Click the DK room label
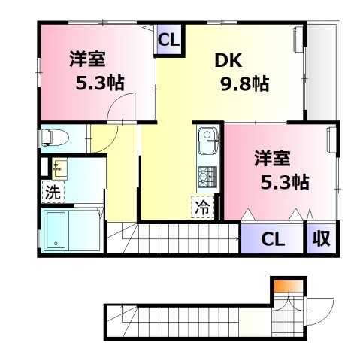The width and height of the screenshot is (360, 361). pyautogui.click(x=228, y=60)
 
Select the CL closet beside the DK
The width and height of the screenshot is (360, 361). pyautogui.click(x=168, y=39)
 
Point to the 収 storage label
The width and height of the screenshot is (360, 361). pyautogui.click(x=321, y=240)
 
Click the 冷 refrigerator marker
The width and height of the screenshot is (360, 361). pyautogui.click(x=203, y=208)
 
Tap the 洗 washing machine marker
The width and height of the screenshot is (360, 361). pyautogui.click(x=52, y=192)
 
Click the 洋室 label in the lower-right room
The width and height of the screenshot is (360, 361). pyautogui.click(x=272, y=159)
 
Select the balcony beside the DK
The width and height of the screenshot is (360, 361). pyautogui.click(x=322, y=71)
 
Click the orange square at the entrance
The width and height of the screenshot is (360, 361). pyautogui.click(x=281, y=286)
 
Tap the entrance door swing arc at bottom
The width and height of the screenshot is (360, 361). pyautogui.click(x=321, y=308)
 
